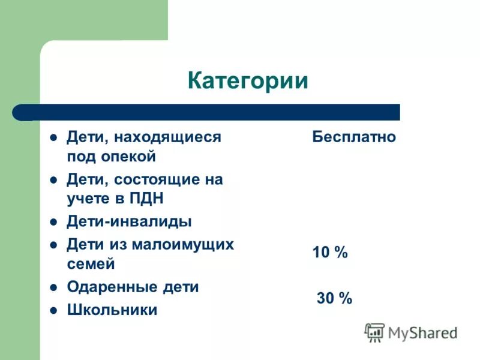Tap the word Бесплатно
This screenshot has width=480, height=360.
click(x=354, y=137)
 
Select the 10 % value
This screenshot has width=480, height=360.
click(x=330, y=253)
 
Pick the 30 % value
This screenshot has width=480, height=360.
click(x=334, y=298)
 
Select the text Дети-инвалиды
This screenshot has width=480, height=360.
click(x=129, y=221)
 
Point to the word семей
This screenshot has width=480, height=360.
click(x=91, y=264)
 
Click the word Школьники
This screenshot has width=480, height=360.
click(x=112, y=310)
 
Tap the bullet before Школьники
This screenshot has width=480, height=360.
click(x=53, y=311)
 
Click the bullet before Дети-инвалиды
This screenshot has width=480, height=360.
click(x=53, y=222)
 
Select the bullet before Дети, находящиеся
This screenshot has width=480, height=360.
click(x=53, y=137)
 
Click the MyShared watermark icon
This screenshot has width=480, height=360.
click(x=375, y=332)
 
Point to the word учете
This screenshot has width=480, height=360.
click(x=87, y=199)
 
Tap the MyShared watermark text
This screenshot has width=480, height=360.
click(x=422, y=332)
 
